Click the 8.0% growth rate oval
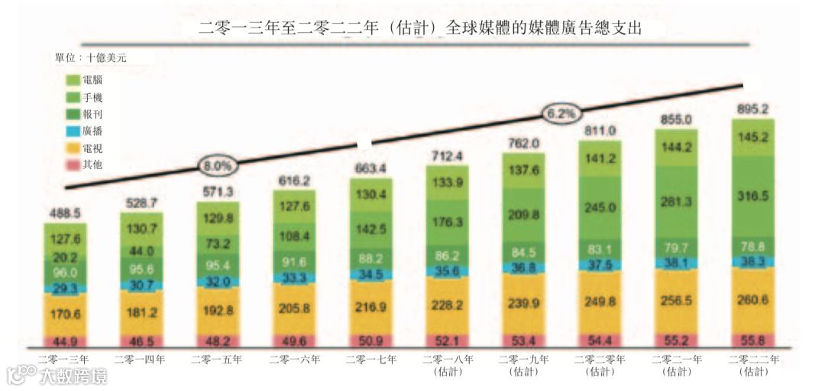pyautogui.click(x=218, y=165)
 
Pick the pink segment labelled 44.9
pyautogui.click(x=65, y=341)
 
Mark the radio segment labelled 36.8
pyautogui.click(x=523, y=268)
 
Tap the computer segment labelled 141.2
pyautogui.click(x=600, y=158)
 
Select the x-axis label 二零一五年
pyautogui.click(x=218, y=359)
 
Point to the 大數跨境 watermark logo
pyautogui.click(x=57, y=375)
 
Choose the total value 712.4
pyautogui.click(x=447, y=157)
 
